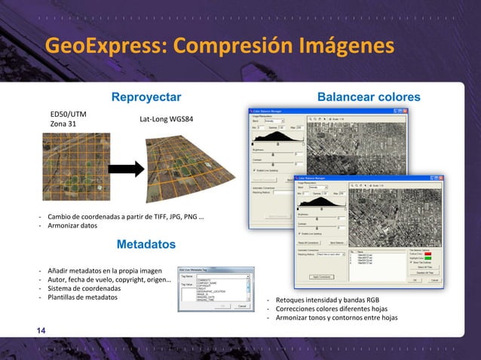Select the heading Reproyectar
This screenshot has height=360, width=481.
click(146, 97)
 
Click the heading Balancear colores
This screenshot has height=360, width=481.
click(369, 97)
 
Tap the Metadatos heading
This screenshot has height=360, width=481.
click(146, 245)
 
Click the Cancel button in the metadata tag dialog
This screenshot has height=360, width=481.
click(242, 307)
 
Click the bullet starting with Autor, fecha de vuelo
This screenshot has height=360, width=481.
click(109, 279)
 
